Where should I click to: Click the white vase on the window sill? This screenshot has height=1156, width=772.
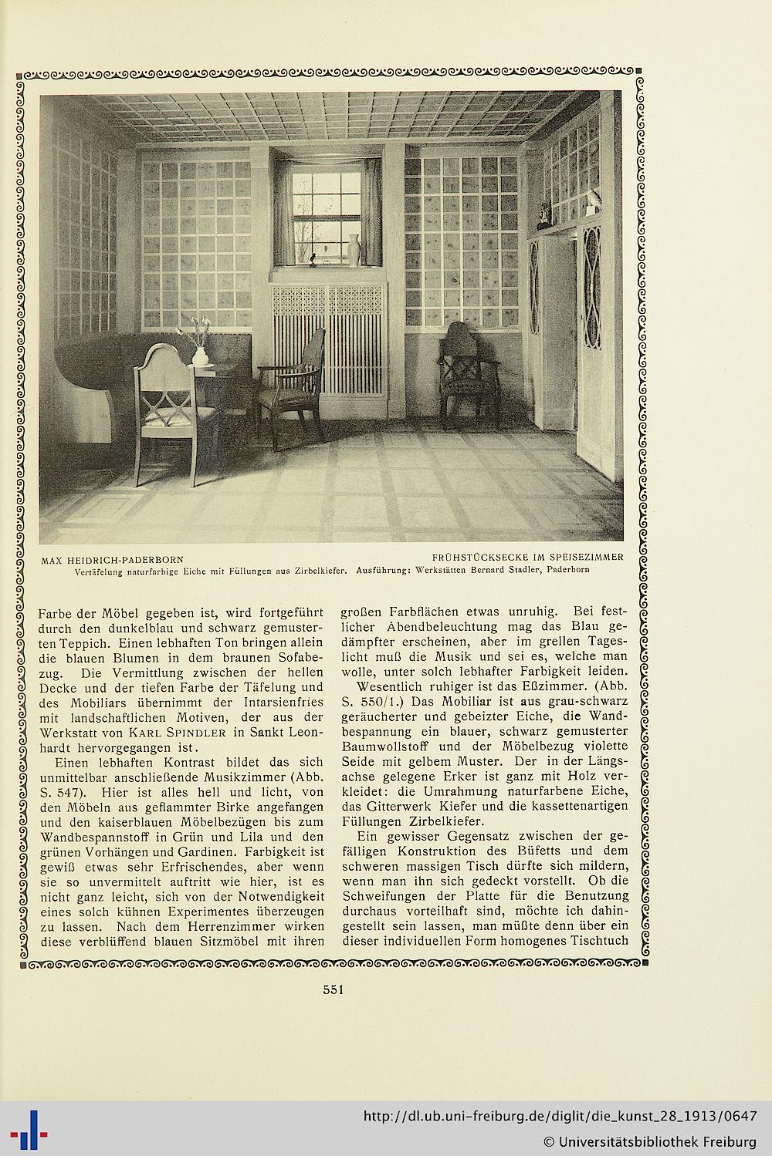354,250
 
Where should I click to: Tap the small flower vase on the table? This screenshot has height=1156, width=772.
200,354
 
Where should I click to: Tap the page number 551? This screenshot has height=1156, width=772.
333,990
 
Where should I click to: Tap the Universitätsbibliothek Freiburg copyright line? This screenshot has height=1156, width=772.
649,1141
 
